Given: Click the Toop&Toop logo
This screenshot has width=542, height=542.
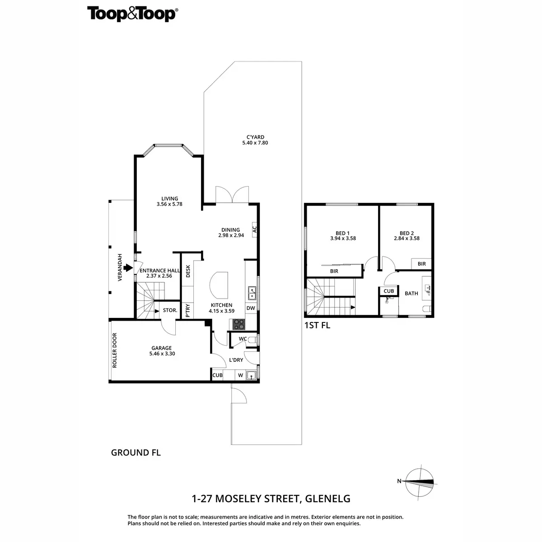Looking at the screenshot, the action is click(132, 14).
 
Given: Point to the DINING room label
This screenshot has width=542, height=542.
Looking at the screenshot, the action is click(230, 229).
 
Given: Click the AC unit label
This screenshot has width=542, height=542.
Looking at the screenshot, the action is click(254, 229).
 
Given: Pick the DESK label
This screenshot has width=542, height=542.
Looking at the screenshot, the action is click(188, 271).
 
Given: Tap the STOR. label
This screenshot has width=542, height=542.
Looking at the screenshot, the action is click(170, 310).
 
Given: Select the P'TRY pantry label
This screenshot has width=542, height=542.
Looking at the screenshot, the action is click(188, 311).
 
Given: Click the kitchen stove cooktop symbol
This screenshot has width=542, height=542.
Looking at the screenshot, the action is click(238, 324).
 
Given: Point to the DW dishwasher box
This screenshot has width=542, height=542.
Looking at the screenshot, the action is click(251, 308).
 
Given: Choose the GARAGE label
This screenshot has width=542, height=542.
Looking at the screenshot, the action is click(161, 348).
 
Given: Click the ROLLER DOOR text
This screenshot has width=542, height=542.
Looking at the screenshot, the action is click(115, 350).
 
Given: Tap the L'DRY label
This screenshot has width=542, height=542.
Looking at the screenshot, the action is click(236, 360).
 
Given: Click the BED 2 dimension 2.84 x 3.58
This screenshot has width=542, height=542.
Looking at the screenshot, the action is click(406, 238).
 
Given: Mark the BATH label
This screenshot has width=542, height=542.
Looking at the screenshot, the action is click(411, 293).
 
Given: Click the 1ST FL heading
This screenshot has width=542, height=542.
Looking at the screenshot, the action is click(318, 325).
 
